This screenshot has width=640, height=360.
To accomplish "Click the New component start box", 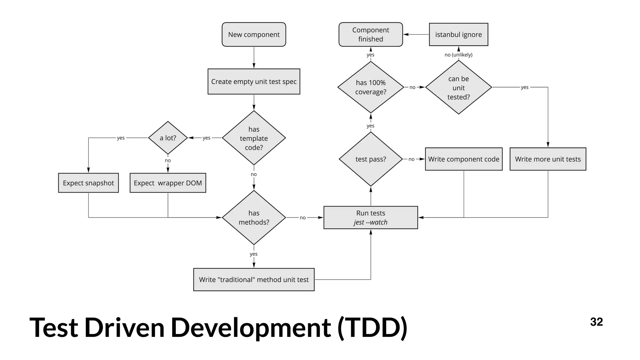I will coord(254,34).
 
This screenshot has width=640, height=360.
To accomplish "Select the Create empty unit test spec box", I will coord(254,82).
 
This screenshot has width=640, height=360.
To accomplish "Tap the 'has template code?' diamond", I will coord(254,138).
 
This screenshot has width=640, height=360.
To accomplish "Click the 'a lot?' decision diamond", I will coord(168,138).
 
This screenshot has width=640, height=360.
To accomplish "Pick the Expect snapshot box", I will coord(88,183).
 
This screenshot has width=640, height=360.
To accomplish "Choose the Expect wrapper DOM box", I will coord(168,183).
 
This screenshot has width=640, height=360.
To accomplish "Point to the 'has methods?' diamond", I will coord(254,217).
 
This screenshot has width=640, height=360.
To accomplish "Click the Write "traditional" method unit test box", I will coord(254,279).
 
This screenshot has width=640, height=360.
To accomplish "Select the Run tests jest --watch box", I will coord(371,217).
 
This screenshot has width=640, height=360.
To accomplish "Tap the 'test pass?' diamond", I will coord(371,159).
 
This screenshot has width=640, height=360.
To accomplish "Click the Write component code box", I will coord(464,159).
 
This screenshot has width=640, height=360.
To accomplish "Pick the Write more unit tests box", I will coord(548,159).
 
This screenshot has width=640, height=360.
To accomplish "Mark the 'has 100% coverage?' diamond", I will coord(371,87).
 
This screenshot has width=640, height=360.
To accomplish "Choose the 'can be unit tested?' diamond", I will coord(458,87).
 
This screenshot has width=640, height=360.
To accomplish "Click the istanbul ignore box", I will coord(458,34).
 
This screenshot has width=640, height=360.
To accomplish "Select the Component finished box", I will coord(371,34).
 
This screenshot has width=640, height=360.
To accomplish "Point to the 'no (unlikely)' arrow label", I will coord(458,55).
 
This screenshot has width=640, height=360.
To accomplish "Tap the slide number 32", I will coord(596,322).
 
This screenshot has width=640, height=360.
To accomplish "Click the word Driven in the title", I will coord(124,327).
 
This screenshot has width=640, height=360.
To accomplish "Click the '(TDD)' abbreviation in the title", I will coord(372,327).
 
